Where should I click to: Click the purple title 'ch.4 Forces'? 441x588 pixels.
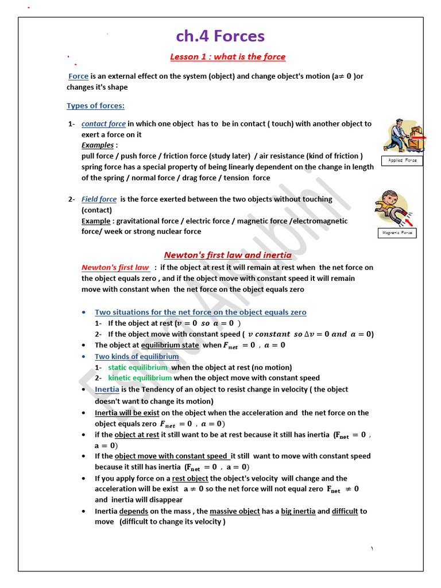tap(220, 36)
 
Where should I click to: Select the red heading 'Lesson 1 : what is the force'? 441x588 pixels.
tap(227, 56)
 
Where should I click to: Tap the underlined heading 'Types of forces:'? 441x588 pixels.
tap(95, 106)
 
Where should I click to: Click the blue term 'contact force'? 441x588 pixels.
tap(103, 123)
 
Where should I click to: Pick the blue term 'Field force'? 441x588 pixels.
tap(99, 199)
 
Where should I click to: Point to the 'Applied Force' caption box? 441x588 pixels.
tap(402, 161)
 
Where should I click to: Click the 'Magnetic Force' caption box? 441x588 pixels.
tap(397, 233)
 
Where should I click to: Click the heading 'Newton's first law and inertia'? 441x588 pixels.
tap(227, 255)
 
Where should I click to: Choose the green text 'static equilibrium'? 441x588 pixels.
tap(138, 367)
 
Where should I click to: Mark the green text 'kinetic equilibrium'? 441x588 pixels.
tap(140, 378)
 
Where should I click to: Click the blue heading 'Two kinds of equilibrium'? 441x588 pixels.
tap(137, 357)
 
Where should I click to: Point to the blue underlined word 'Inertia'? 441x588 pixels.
tap(107, 389)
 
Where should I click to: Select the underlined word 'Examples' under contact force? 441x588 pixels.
tap(98, 145)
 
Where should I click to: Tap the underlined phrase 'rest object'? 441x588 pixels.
tap(190, 478)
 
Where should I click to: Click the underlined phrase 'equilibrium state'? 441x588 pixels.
tap(170, 345)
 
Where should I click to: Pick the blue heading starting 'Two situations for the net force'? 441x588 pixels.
tap(200, 312)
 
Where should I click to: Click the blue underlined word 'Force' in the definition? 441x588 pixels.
tap(78, 76)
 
